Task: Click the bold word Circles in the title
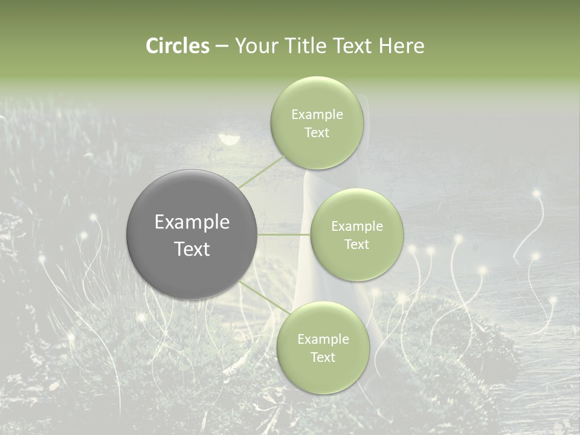coord(177,46)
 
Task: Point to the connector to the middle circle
coord(284,234)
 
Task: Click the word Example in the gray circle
coord(192,222)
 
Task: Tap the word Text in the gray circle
coord(192,249)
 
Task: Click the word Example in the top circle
coord(317,115)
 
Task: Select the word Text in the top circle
coord(317,133)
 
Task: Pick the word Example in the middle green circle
coord(356,227)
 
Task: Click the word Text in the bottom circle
coord(323,358)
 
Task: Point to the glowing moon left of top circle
coord(229,140)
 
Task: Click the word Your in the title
coord(253,46)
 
